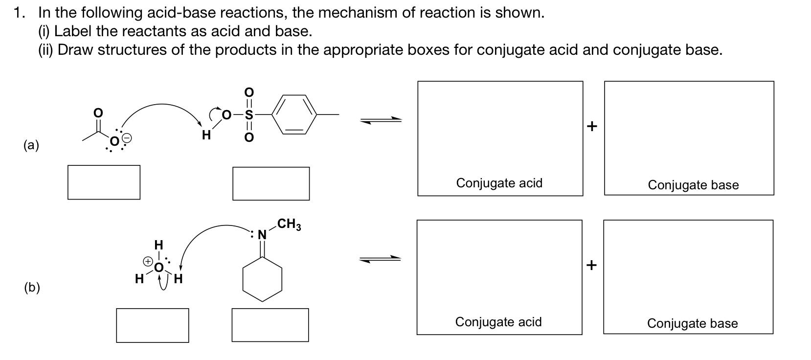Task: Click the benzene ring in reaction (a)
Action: pos(294,114)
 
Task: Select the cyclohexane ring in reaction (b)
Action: pos(263,279)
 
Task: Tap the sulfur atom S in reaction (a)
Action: pos(249,115)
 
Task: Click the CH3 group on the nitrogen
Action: pos(289,225)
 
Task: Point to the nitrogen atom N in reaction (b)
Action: pos(262,235)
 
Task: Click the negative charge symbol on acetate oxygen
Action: pos(126,139)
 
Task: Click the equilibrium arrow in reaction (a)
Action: pos(381,120)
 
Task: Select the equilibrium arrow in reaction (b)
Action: pos(380,259)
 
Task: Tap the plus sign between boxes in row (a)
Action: pos(592,126)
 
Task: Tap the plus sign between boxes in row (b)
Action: pos(592,265)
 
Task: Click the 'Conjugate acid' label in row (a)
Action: pos(499,183)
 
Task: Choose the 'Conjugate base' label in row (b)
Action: pos(692,323)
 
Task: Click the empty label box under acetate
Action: pos(104,182)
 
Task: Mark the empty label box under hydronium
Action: pos(152,325)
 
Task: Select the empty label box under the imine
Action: pos(270,325)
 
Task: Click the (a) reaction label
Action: pos(31,145)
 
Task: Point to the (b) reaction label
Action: pos(32,287)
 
